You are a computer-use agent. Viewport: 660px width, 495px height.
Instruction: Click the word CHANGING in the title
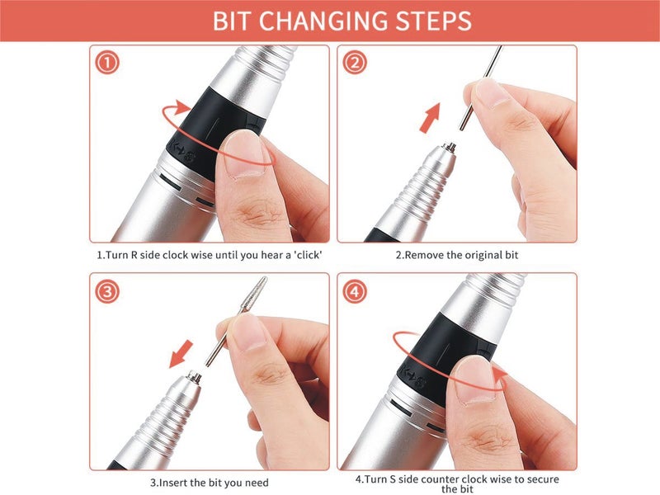(323, 21)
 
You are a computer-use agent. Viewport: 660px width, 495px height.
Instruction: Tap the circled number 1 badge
(107, 63)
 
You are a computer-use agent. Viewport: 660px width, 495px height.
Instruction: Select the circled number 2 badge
(355, 63)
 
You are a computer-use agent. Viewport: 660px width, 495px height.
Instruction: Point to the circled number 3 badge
(107, 292)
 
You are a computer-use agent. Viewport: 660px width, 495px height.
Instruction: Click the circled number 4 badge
(355, 292)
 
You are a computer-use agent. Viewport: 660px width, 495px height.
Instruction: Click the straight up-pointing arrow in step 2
(431, 118)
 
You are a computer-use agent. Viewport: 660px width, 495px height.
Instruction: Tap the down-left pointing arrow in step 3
(181, 355)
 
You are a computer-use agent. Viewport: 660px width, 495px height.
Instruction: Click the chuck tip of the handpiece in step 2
(450, 148)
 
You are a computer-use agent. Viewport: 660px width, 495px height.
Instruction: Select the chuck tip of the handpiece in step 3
(194, 375)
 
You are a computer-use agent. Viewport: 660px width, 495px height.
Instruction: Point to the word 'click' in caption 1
(308, 255)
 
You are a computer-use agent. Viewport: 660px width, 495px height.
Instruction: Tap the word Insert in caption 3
(173, 483)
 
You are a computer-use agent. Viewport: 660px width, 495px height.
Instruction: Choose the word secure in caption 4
(542, 479)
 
